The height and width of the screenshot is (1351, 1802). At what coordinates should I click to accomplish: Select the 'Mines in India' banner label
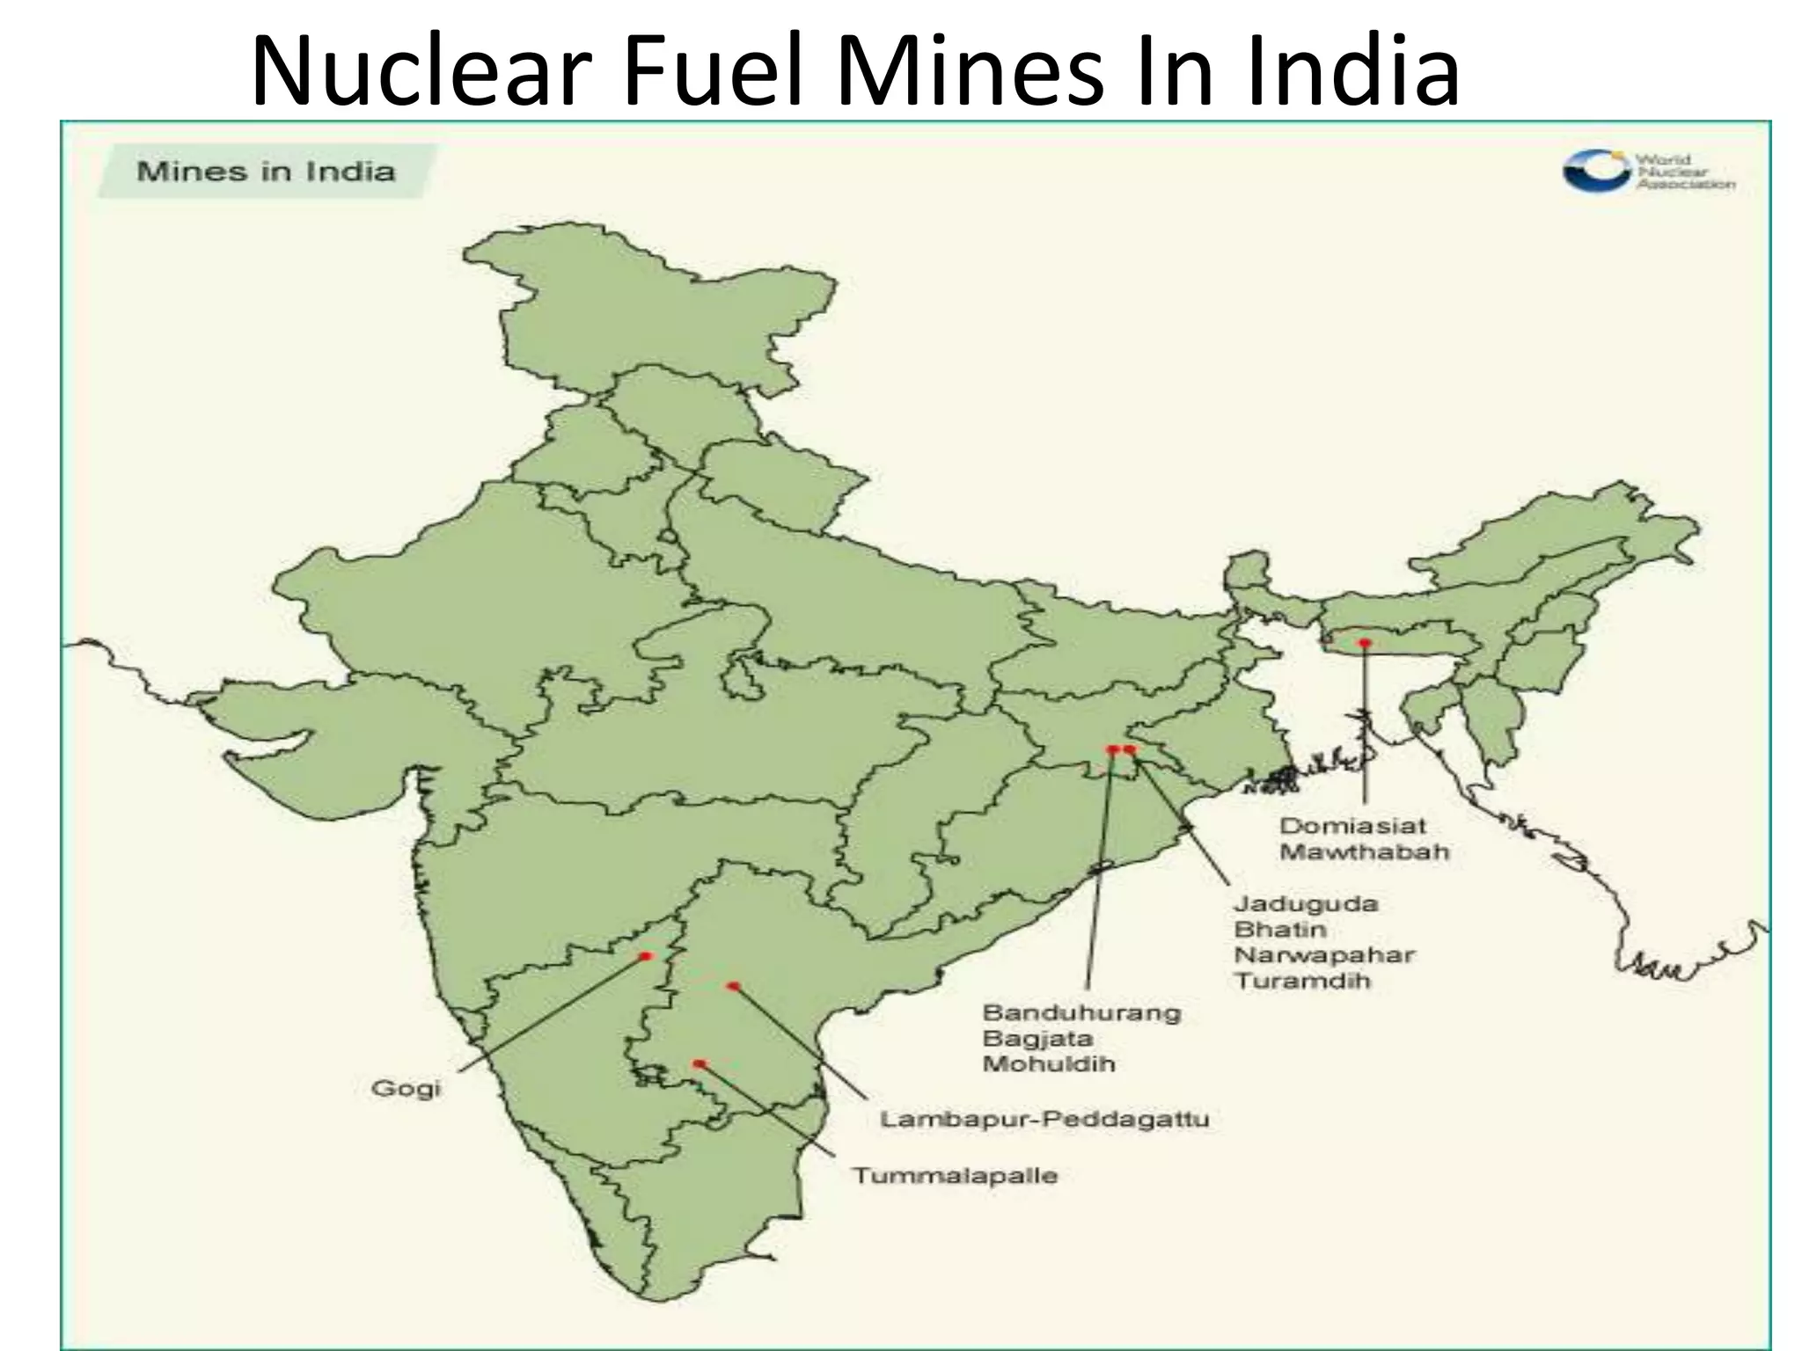pos(266,171)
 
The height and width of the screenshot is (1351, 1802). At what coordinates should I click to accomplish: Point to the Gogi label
pos(406,1089)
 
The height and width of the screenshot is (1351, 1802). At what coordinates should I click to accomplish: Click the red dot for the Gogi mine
pos(646,956)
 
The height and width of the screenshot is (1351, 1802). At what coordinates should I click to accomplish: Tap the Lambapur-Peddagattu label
pos(1044,1121)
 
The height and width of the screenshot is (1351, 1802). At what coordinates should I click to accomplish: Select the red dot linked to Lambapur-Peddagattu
pos(733,986)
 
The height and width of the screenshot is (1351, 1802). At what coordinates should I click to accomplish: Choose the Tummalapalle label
pos(955,1176)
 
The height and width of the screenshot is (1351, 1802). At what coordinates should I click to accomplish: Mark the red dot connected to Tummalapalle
pos(700,1063)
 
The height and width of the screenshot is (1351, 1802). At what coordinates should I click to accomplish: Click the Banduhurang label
pos(1081,1012)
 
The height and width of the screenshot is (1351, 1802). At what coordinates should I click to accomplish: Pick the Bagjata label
pos(1037,1039)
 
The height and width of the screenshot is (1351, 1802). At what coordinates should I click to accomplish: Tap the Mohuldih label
pos(1049,1064)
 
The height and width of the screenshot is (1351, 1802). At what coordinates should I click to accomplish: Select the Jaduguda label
pos(1305,904)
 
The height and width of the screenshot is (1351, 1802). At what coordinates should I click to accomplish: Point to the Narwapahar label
pos(1324,955)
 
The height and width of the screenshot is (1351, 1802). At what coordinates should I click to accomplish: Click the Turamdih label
pos(1302,981)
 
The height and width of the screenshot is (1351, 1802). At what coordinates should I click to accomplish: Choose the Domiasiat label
pos(1352,827)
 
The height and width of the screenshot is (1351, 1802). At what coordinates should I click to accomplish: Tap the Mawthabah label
pos(1364,852)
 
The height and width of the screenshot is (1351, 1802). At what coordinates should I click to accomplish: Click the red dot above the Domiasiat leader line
pos(1365,643)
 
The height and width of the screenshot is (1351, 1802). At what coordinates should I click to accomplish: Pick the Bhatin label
pos(1279,930)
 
